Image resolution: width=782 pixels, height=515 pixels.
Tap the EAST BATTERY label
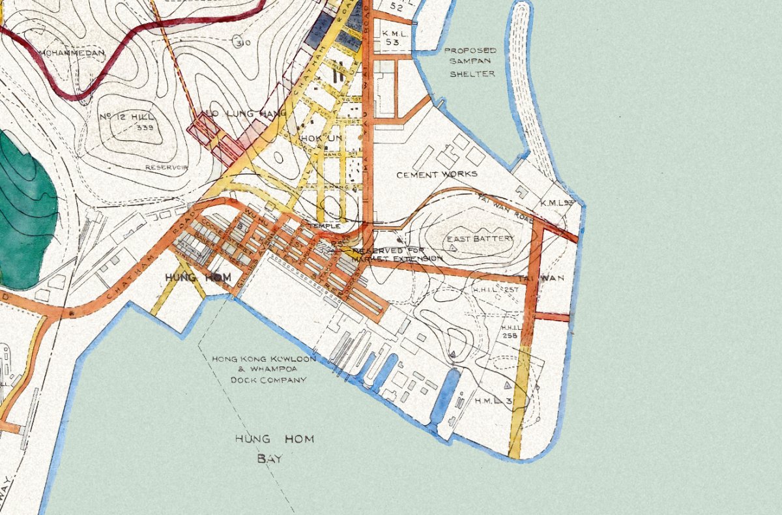480,239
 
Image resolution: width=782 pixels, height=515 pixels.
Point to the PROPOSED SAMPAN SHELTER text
469,62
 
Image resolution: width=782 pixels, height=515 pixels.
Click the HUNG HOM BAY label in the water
274,449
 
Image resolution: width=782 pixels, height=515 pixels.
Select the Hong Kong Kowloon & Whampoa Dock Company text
265,369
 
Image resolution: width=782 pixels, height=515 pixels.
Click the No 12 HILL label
127,117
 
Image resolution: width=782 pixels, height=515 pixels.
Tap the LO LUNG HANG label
246,114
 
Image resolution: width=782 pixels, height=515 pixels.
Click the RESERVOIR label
166,168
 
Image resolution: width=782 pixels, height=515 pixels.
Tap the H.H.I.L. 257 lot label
491,289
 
